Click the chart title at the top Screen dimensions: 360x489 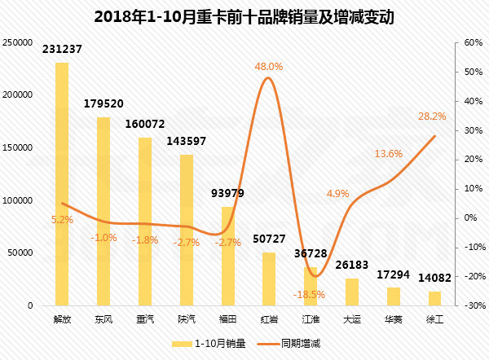click(244, 16)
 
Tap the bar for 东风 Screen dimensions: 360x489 click(104, 212)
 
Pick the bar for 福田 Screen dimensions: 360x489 click(228, 256)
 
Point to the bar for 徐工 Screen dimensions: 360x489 click(435, 298)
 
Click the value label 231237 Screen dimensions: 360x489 click(62, 50)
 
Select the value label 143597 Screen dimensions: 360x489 click(187, 141)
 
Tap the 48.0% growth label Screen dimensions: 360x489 click(269, 66)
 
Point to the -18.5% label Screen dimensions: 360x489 click(311, 294)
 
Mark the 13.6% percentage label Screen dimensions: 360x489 click(389, 153)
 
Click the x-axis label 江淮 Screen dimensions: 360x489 click(311, 318)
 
